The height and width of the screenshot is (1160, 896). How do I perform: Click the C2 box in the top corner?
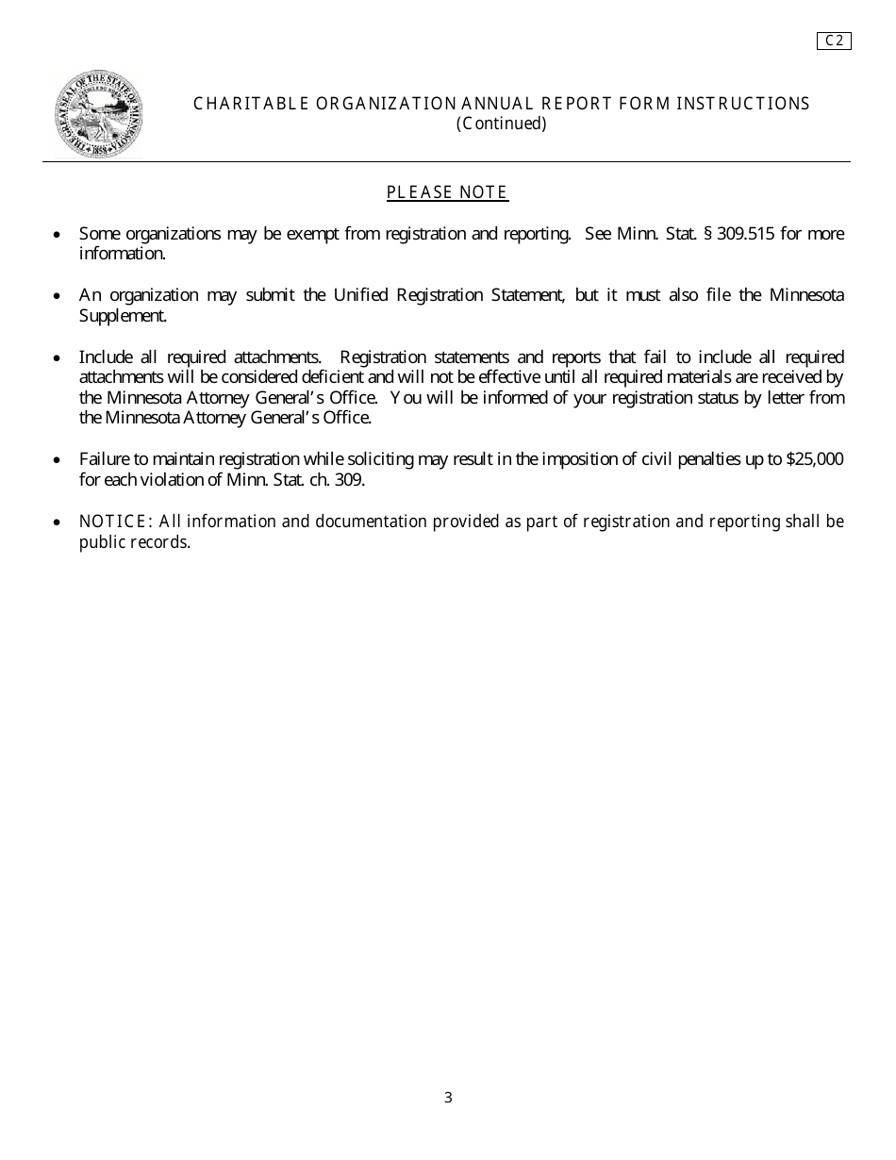pos(834,41)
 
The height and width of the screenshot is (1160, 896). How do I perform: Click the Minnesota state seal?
pos(98,113)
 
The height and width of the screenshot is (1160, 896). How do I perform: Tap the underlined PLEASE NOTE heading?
pos(447,192)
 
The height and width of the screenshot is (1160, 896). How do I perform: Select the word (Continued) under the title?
pos(502,124)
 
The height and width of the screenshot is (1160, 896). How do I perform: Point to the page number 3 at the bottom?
pos(448,1097)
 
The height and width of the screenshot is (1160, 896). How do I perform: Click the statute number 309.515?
pos(746,234)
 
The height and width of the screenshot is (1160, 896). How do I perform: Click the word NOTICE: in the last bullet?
pos(116,522)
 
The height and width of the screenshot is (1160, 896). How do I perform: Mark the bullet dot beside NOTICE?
pos(58,522)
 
